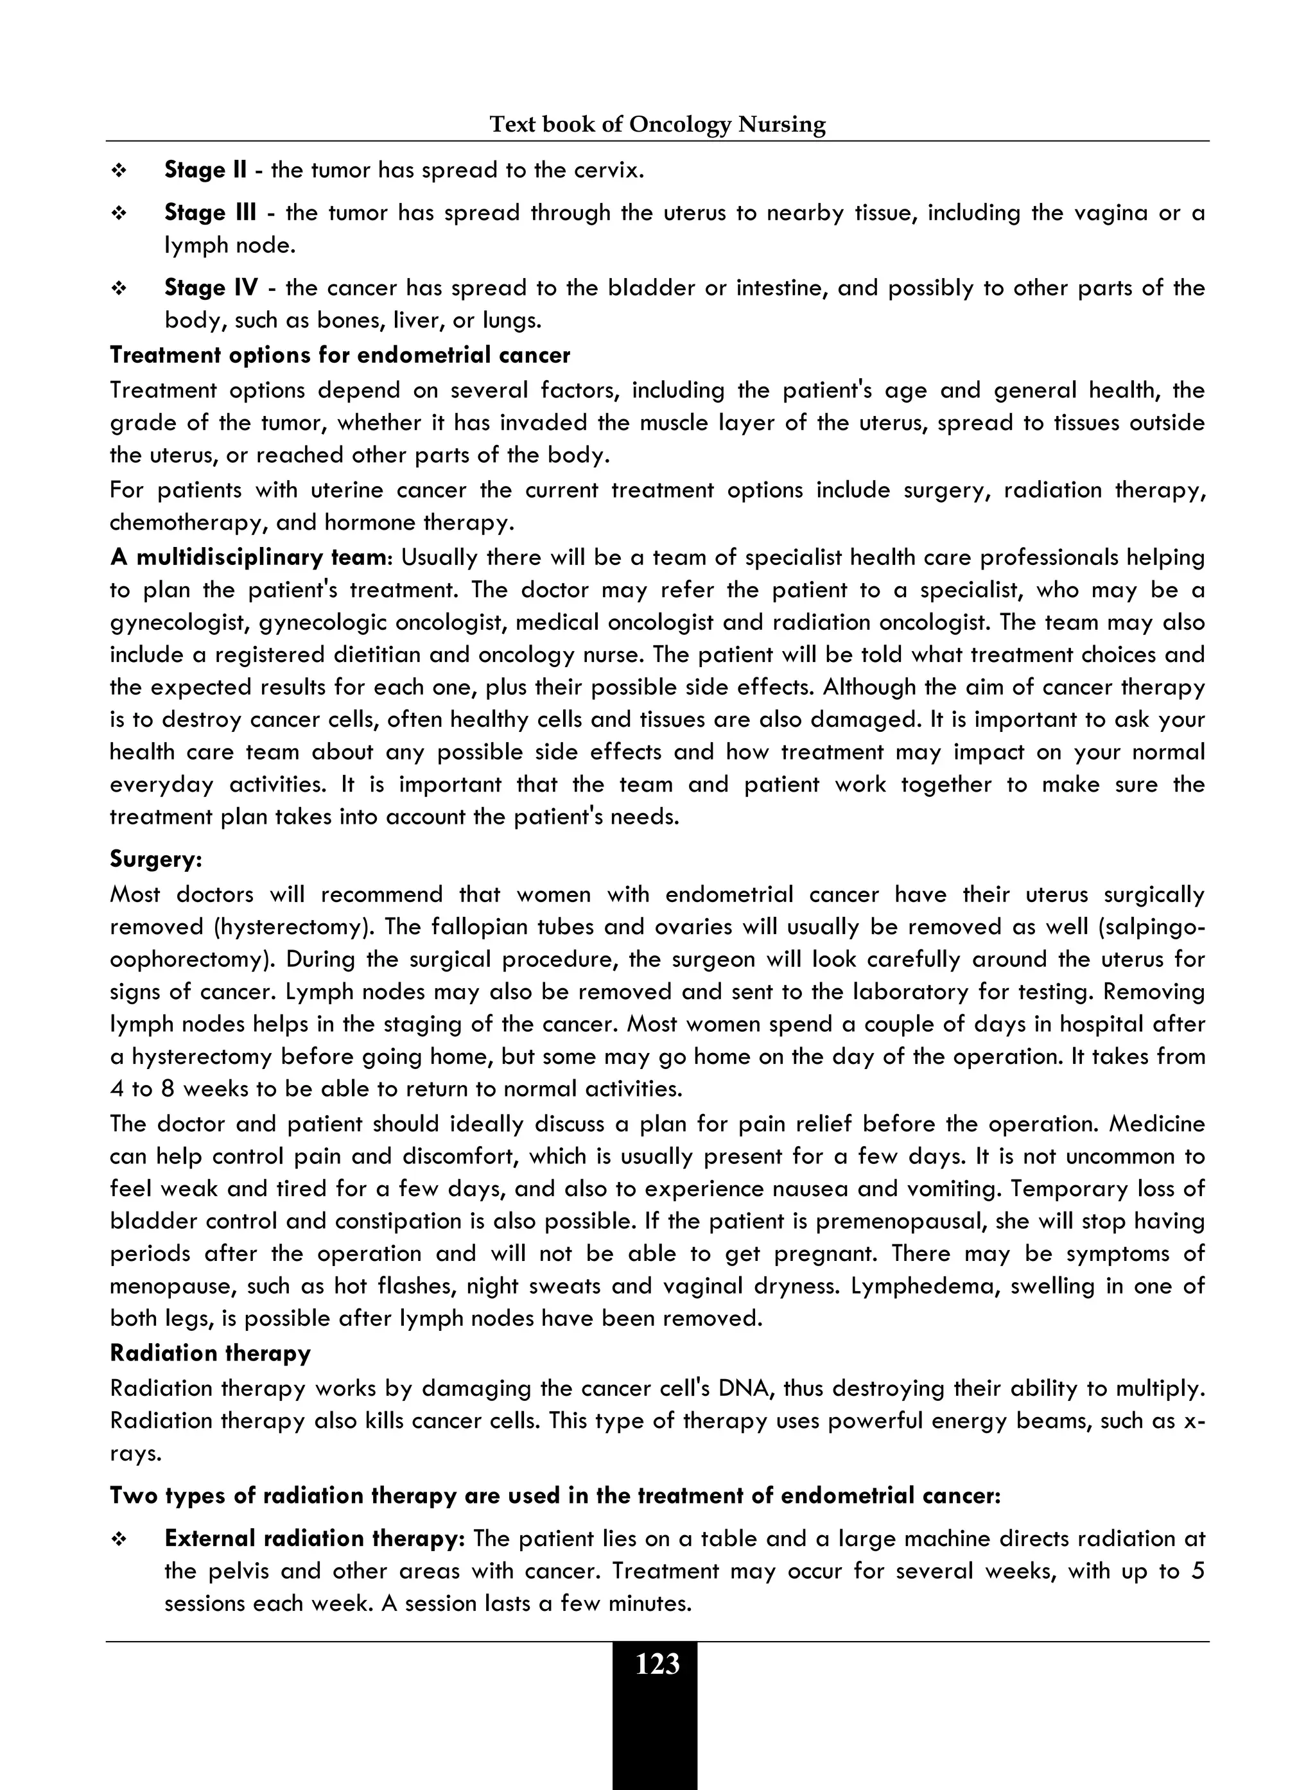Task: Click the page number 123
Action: click(x=657, y=1664)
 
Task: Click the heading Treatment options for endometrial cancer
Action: click(x=340, y=355)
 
